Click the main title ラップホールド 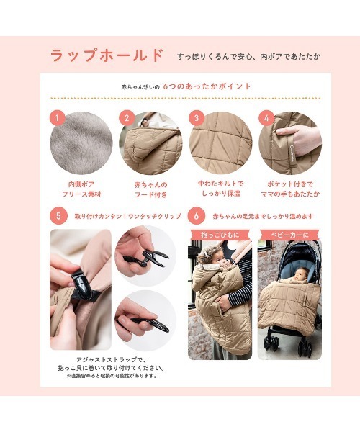(x=107, y=55)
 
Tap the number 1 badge (x=58, y=118)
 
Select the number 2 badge (x=127, y=118)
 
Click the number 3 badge (x=197, y=118)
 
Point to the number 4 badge (x=266, y=118)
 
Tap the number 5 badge (x=58, y=216)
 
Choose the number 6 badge (x=197, y=216)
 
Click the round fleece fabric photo (x=81, y=143)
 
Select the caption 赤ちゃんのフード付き (x=151, y=189)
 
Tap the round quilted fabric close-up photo (x=221, y=143)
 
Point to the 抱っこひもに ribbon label (x=220, y=235)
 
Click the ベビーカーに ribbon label (x=289, y=235)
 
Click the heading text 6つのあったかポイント (x=207, y=86)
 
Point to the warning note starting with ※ (x=112, y=376)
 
